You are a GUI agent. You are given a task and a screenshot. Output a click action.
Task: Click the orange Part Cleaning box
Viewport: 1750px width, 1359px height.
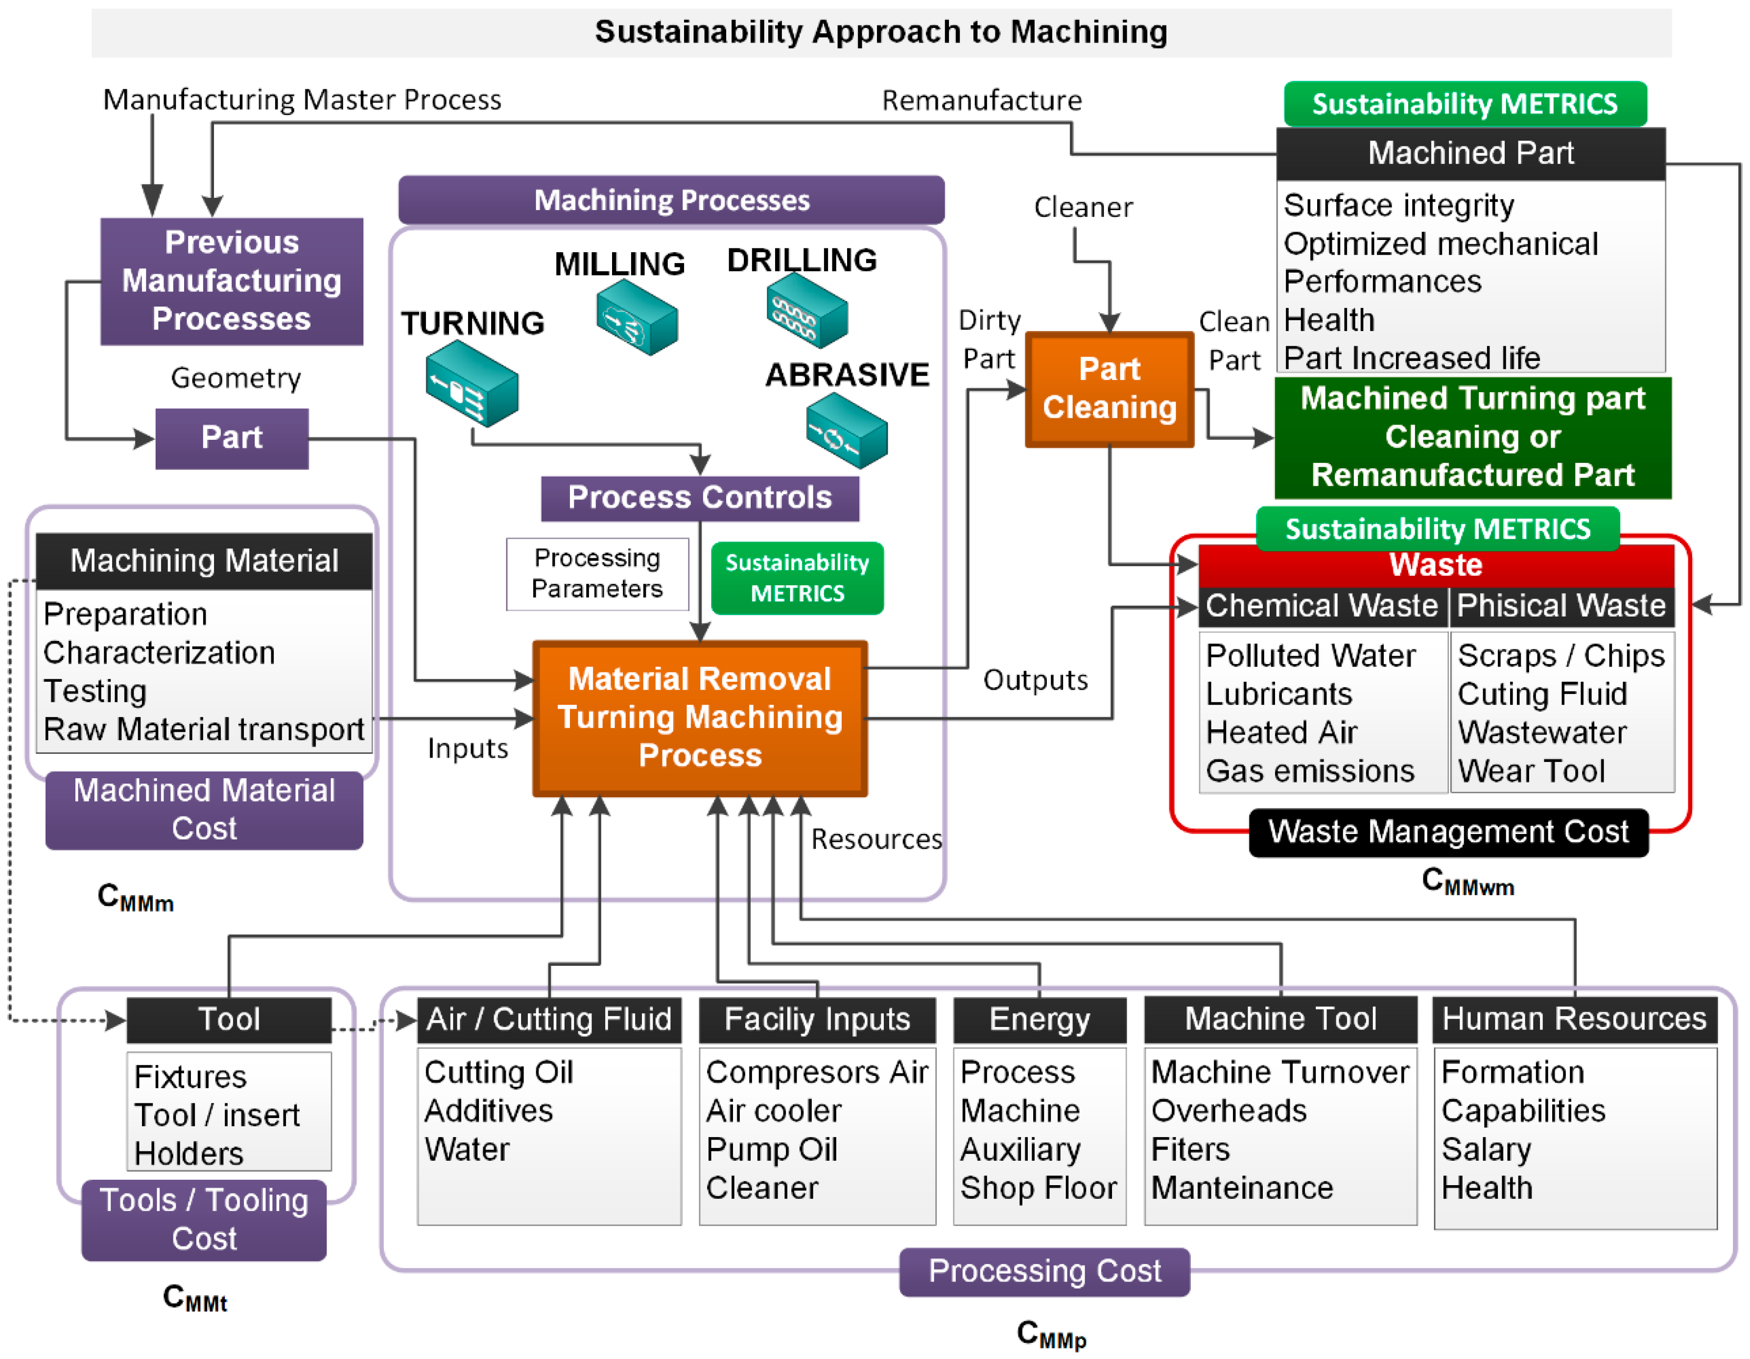tap(1109, 389)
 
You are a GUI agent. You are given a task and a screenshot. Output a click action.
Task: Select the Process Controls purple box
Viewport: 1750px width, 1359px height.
tap(700, 498)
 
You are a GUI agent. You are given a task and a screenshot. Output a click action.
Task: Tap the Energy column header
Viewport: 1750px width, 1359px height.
tap(1039, 1019)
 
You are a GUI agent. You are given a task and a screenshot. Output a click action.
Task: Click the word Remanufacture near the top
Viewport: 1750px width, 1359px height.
tap(982, 101)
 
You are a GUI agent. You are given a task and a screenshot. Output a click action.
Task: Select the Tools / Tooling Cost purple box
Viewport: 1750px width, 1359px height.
tap(204, 1219)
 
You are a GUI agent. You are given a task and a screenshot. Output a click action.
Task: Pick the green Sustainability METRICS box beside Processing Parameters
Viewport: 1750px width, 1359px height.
tap(797, 578)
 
